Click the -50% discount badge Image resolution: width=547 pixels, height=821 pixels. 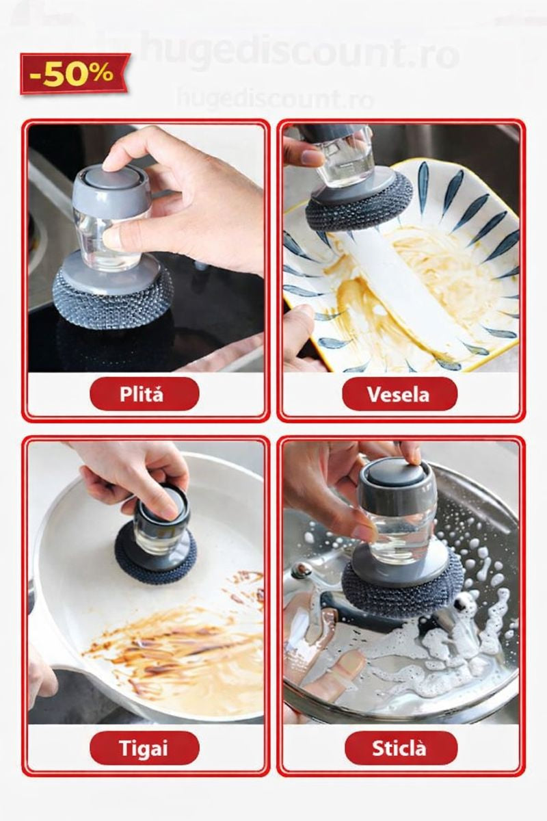pyautogui.click(x=74, y=73)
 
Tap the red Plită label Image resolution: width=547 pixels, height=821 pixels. pyautogui.click(x=144, y=393)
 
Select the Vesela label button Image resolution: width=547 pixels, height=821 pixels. pyautogui.click(x=399, y=393)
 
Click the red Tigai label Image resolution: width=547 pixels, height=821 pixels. pyautogui.click(x=144, y=748)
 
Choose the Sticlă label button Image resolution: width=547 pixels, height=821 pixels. pyautogui.click(x=400, y=748)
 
